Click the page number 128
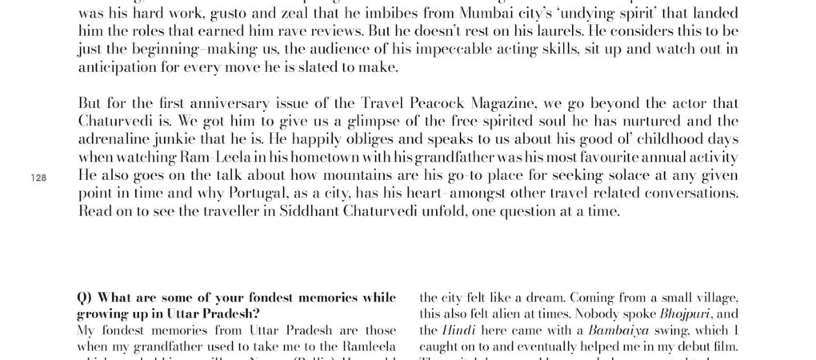38,179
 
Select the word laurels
553,34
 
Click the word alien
526,314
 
